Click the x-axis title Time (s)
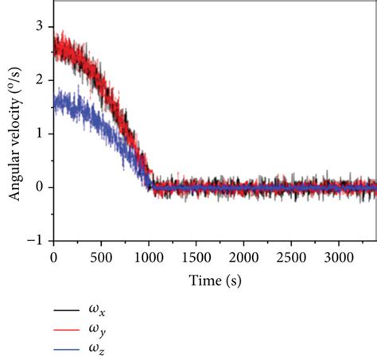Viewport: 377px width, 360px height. pos(216,281)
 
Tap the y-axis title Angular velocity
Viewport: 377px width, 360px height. pos(14,134)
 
